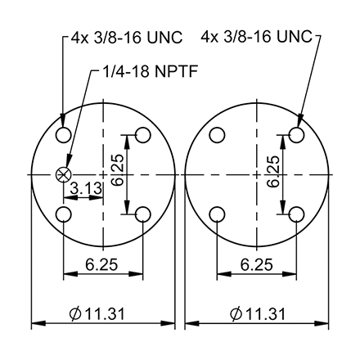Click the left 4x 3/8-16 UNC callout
pos(122,37)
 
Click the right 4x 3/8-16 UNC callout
pos(255,37)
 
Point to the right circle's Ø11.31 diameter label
pos(257,313)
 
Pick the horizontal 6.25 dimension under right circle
pos(257,263)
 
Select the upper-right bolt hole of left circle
pos(142,135)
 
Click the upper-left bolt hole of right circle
pos(218,135)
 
